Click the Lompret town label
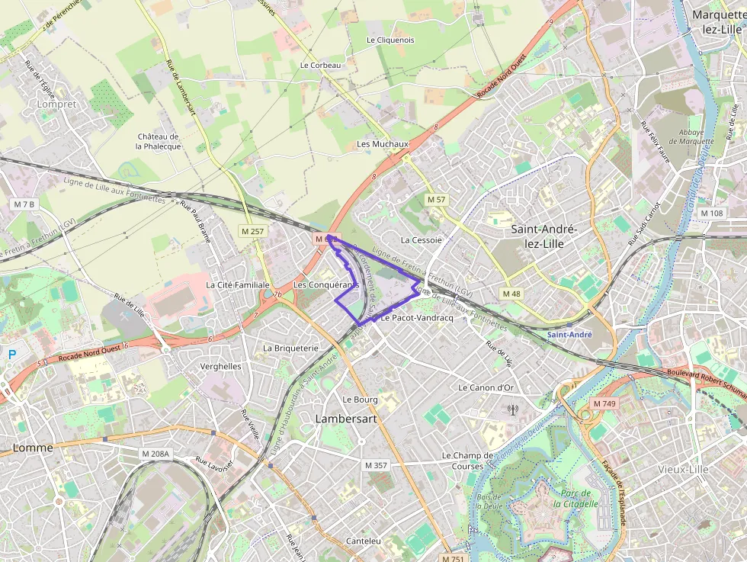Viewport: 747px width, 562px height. (x=57, y=104)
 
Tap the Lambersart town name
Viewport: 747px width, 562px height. (x=346, y=419)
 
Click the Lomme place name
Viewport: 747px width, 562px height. (x=33, y=448)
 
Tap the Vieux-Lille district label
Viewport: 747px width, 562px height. (x=684, y=470)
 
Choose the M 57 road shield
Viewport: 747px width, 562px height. (x=436, y=199)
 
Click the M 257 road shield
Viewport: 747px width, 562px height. (x=252, y=231)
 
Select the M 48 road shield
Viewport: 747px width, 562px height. (x=511, y=294)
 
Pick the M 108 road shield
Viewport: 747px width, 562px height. (x=711, y=214)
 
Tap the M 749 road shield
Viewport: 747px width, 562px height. (x=604, y=403)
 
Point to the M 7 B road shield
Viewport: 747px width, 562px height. (x=24, y=204)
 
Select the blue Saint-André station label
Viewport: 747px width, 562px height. (x=569, y=335)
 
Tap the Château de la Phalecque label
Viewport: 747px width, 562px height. (x=159, y=141)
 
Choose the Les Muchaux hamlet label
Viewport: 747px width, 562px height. (x=383, y=144)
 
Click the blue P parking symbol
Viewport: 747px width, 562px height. (x=11, y=354)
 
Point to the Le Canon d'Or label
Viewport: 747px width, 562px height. (x=486, y=387)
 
